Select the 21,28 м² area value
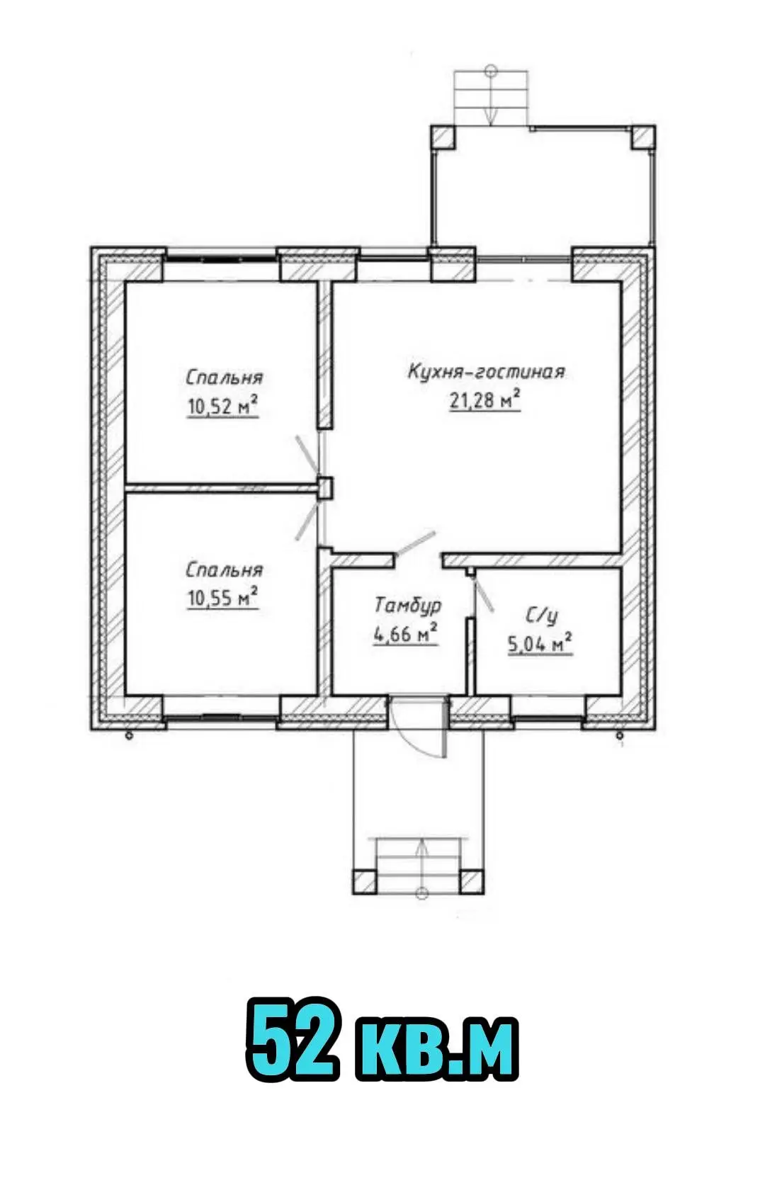click(x=484, y=401)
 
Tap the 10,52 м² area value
click(x=222, y=407)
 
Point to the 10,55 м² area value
click(x=222, y=598)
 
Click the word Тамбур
click(x=408, y=606)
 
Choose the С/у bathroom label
click(x=543, y=617)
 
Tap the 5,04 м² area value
click(x=540, y=645)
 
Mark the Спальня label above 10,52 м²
click(x=224, y=378)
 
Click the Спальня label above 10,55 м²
click(x=224, y=570)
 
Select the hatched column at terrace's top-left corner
click(x=443, y=137)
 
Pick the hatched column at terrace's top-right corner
click(x=643, y=137)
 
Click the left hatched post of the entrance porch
click(x=364, y=881)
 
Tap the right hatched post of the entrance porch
click(x=472, y=881)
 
